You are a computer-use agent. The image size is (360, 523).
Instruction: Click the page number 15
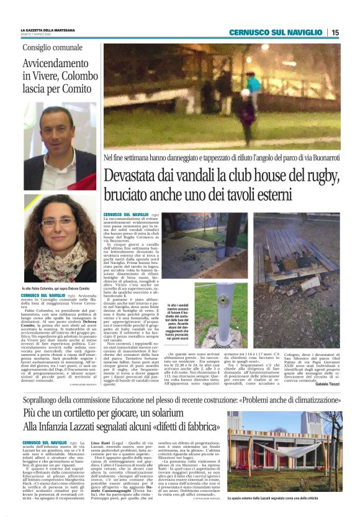coord(335,32)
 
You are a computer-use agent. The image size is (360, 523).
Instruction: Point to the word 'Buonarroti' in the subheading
coord(322,158)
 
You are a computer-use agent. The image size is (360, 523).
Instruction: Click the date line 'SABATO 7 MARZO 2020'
coord(38,35)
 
